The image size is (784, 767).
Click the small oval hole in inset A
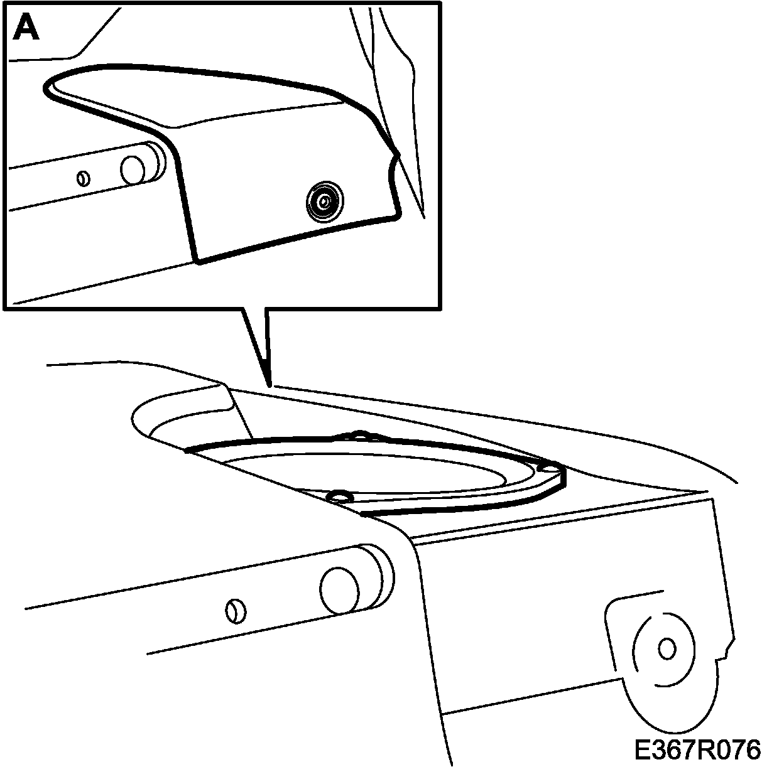[x=82, y=179]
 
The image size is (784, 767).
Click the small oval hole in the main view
[x=236, y=610]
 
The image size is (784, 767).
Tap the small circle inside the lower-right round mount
[x=668, y=648]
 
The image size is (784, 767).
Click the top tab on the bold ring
[x=359, y=434]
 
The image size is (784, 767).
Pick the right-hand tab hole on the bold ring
[x=550, y=467]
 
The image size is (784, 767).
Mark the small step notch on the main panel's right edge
[x=727, y=650]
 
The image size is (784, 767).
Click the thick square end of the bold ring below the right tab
[x=562, y=480]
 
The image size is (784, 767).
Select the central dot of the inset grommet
[x=324, y=201]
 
